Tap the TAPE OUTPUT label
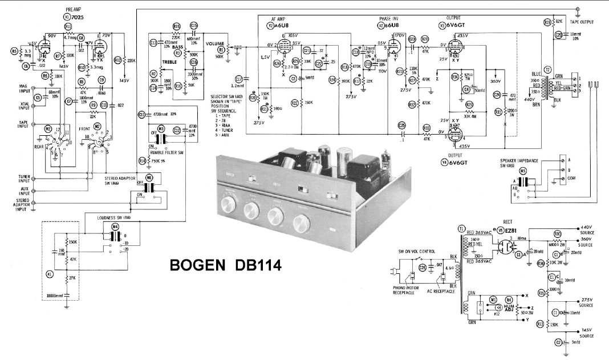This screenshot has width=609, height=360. (x=582, y=22)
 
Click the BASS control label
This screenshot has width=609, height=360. (x=181, y=47)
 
